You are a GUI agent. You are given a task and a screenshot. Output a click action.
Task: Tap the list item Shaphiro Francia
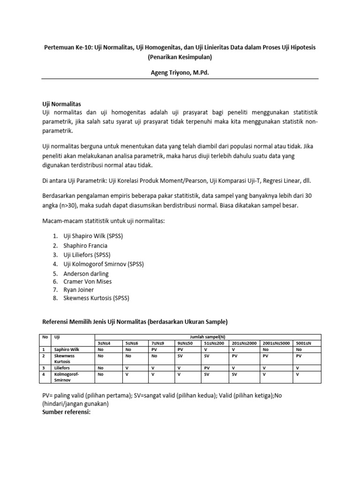coord(85,246)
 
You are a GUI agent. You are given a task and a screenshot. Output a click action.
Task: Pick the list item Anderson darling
coord(86,273)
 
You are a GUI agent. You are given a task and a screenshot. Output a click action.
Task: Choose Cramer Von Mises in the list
coord(88,282)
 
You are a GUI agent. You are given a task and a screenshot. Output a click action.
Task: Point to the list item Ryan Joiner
coord(78,290)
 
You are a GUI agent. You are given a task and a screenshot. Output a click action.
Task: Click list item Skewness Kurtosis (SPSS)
coord(96,298)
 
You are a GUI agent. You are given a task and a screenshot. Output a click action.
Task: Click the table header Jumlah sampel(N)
coord(208,337)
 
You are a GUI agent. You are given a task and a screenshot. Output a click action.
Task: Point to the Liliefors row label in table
coord(63,368)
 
